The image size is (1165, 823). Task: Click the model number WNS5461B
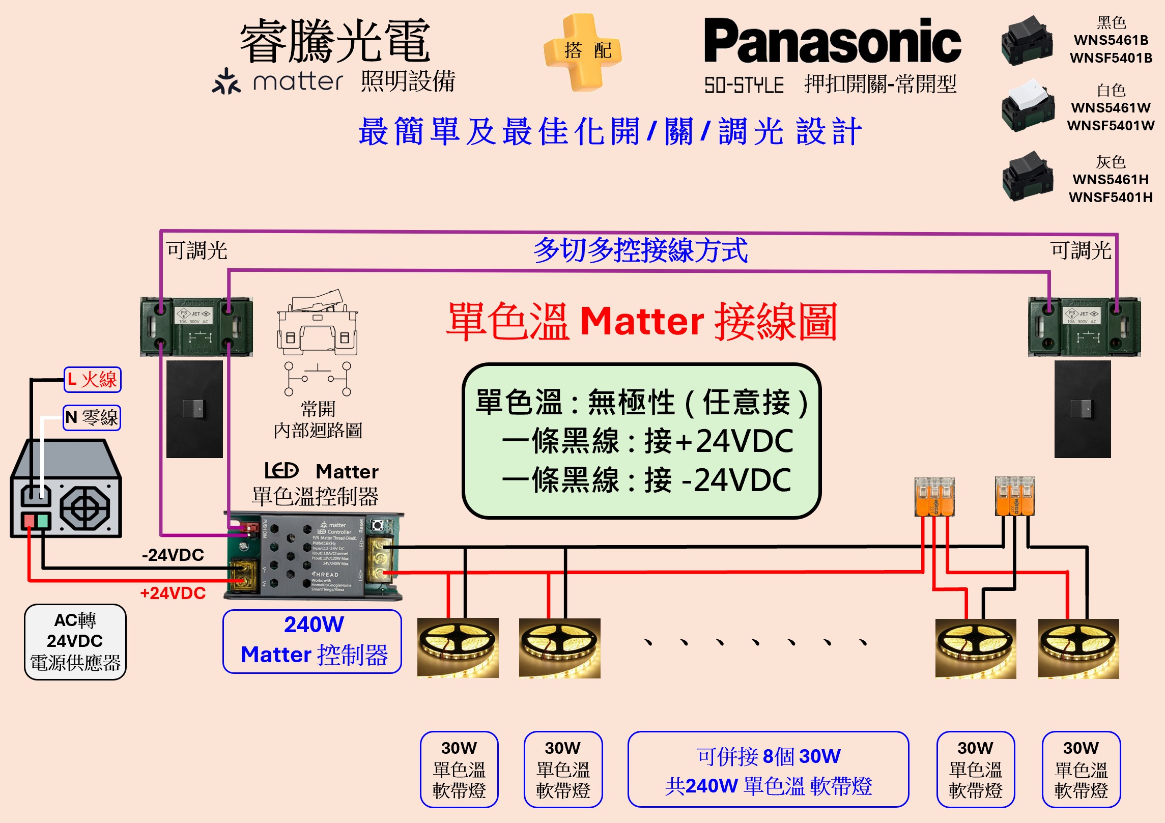click(x=1111, y=40)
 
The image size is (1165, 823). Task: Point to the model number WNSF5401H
click(x=1111, y=197)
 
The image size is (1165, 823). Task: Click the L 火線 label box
click(x=93, y=380)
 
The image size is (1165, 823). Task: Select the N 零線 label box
click(x=92, y=418)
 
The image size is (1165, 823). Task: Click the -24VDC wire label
click(x=173, y=555)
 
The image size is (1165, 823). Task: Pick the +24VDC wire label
click(x=173, y=593)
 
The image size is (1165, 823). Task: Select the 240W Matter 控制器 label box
click(x=312, y=641)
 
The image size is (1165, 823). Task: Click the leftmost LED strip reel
click(x=458, y=648)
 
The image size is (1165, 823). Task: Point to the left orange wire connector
click(x=934, y=497)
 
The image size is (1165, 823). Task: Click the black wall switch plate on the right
click(x=1082, y=409)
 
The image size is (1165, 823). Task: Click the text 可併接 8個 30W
click(x=769, y=756)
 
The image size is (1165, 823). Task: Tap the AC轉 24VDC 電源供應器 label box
click(x=75, y=642)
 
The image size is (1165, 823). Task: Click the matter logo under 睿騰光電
click(x=278, y=81)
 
